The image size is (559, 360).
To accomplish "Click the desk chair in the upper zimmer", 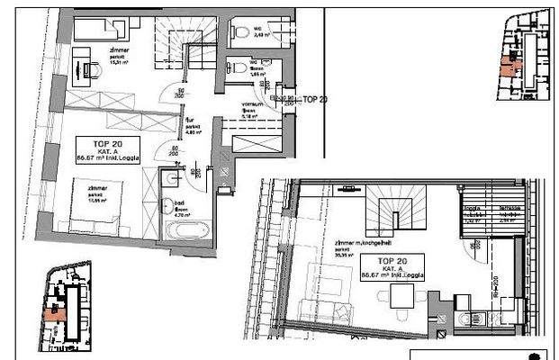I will pos(93,67).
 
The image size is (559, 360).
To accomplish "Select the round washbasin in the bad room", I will pos(169,180).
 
